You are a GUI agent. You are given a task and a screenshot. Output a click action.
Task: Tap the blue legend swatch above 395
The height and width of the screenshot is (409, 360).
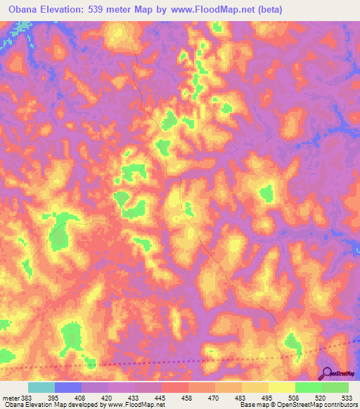point(67,387)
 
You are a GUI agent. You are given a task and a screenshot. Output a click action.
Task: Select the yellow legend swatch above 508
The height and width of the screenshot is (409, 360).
point(281,387)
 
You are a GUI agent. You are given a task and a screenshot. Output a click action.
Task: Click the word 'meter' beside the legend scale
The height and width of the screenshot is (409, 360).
point(9,397)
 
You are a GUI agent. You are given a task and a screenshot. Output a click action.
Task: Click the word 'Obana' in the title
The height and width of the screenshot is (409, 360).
point(24,9)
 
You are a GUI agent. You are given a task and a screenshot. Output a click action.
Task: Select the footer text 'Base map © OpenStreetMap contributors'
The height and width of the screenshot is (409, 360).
point(295,405)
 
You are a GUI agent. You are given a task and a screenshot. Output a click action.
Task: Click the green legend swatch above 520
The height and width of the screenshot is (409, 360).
point(308,387)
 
